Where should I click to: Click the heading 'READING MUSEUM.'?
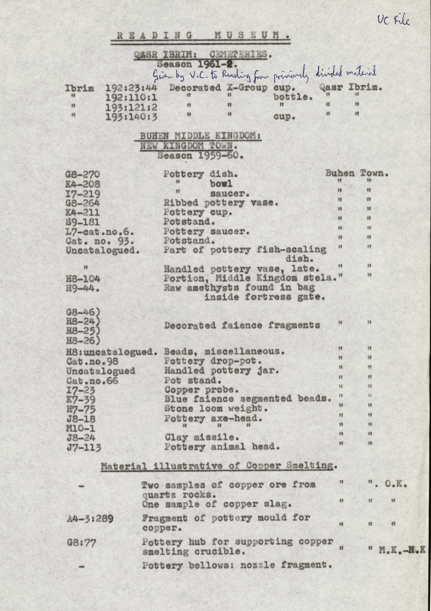coord(200,36)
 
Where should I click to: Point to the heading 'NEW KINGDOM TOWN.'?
coord(188,146)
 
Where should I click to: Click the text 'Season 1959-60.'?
coord(200,155)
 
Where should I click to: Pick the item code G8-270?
coord(83,175)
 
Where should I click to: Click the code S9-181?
coord(83,222)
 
